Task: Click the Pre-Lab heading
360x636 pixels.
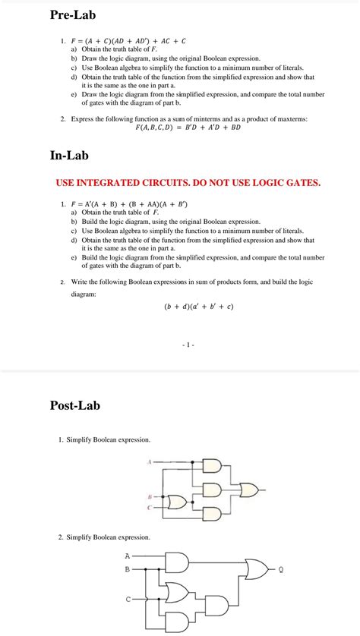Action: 73,14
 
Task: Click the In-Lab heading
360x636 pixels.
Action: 69,156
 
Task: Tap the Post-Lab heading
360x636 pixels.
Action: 74,405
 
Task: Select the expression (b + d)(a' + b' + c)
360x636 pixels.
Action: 198,307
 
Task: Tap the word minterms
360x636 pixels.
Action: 204,119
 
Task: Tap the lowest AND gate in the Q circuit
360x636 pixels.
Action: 215,606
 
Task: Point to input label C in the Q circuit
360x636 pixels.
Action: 127,600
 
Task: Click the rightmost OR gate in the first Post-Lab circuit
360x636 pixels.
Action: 248,491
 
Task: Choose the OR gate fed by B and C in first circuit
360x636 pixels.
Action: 178,502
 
